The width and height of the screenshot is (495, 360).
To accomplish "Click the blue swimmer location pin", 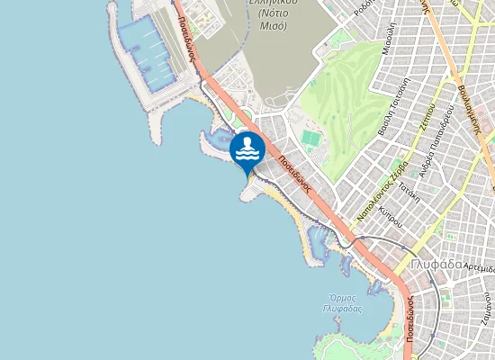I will tap(247, 149).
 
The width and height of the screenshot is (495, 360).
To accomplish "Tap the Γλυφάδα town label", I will tap(435, 265).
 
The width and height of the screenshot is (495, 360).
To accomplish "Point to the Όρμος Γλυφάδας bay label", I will tap(342, 303).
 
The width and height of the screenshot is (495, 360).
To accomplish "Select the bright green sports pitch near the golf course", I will tap(310, 139).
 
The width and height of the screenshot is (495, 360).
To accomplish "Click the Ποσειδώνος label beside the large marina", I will tap(187, 37).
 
